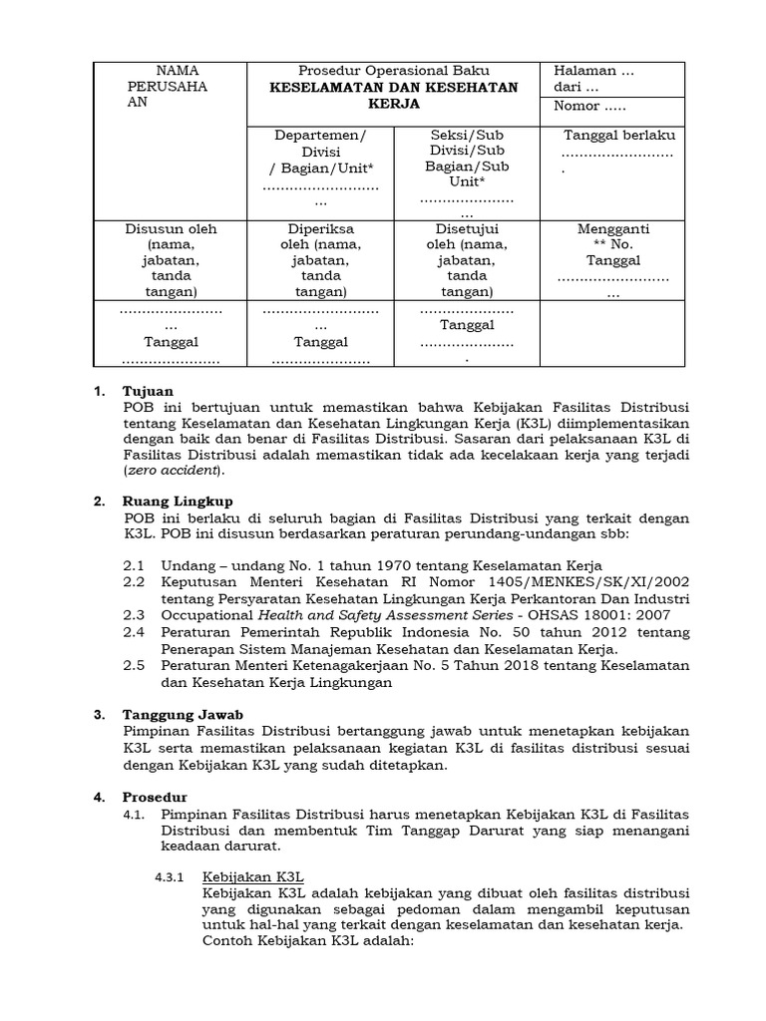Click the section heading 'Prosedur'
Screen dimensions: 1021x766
point(154,798)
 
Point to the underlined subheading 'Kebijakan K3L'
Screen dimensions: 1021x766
point(248,877)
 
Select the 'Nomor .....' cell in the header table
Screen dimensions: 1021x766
point(591,106)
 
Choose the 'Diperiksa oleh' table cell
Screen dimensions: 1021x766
point(319,259)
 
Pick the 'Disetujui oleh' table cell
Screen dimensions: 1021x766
point(461,259)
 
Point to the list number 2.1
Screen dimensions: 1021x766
point(135,564)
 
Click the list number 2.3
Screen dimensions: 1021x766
point(135,614)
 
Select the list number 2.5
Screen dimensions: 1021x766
point(135,666)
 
